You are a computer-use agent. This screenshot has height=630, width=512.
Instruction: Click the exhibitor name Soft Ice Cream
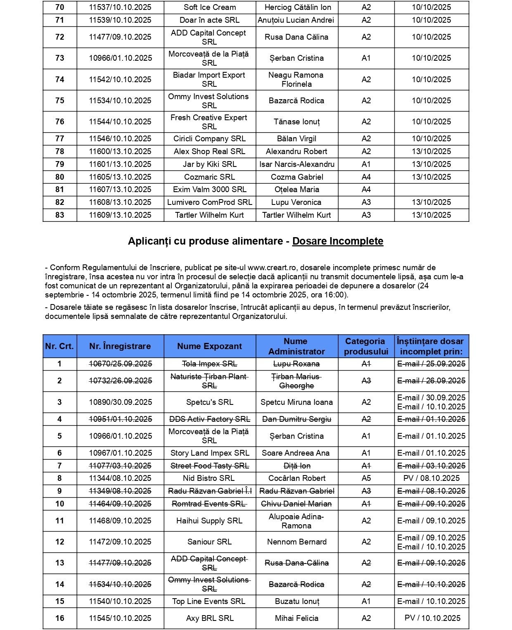tap(210, 7)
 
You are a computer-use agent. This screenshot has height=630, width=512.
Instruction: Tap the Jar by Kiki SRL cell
tap(210, 164)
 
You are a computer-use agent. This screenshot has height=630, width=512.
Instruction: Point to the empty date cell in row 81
tap(431, 190)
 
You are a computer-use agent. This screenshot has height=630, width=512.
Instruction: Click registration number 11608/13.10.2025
tap(120, 202)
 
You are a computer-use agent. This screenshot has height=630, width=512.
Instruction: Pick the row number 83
tap(60, 215)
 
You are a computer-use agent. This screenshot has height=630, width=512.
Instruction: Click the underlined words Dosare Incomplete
tap(338, 241)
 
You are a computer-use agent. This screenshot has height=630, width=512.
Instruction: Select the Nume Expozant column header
tap(210, 346)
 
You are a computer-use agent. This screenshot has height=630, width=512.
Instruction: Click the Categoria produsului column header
tap(366, 346)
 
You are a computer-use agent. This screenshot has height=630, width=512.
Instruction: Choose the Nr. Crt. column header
tap(59, 346)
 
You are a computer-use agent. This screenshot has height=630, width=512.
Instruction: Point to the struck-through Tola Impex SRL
tap(210, 364)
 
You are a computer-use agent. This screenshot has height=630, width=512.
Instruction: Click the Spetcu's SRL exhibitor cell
tap(210, 402)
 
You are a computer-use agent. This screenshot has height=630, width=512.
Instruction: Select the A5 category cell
tap(366, 478)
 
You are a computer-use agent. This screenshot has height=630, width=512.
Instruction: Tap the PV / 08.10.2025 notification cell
tap(431, 478)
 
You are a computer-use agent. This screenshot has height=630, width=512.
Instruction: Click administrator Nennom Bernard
tap(297, 542)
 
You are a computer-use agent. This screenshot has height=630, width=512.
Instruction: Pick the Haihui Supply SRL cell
tap(209, 521)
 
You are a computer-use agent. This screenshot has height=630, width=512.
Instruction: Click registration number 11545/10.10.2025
tap(120, 618)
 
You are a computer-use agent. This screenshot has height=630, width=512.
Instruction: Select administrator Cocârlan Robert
tap(297, 478)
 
